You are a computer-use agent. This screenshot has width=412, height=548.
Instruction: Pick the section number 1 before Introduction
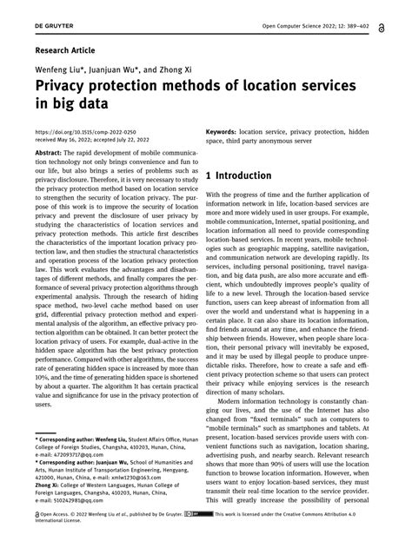pyautogui.click(x=210, y=175)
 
